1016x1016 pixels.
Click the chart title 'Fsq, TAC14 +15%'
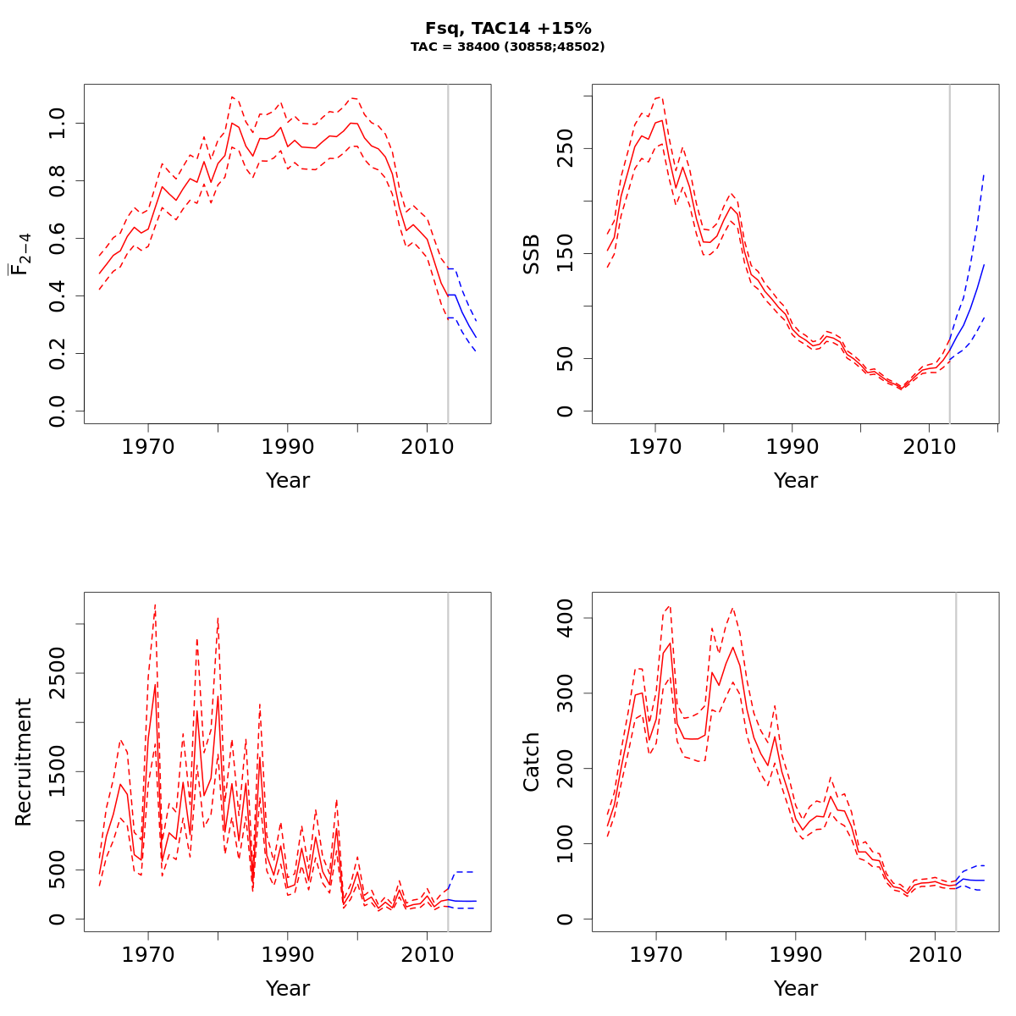coord(508,29)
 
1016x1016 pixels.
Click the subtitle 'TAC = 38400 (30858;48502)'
coord(508,47)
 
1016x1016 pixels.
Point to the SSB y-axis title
coord(532,254)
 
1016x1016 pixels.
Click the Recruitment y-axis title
coord(24,762)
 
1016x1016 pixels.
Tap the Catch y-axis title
coord(532,762)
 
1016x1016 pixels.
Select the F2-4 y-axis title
coord(20,254)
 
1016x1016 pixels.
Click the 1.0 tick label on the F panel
coord(58,124)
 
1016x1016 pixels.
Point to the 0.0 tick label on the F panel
coord(58,411)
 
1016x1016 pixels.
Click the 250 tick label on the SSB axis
coord(566,148)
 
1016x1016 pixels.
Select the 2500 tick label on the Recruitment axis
coord(58,673)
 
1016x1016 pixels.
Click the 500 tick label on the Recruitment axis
coord(58,870)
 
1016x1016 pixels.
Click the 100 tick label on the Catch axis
coord(566,843)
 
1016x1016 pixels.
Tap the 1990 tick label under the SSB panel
coord(792,446)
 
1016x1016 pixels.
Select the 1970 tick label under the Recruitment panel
coord(148,954)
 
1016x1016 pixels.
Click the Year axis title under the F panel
coord(288,481)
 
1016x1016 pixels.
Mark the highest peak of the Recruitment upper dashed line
coord(155,605)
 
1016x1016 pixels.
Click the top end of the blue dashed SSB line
coord(984,174)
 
